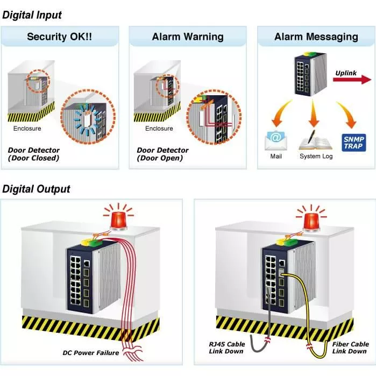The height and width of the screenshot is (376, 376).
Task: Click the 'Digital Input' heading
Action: coord(32,15)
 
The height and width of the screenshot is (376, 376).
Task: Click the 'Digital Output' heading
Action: coord(37,189)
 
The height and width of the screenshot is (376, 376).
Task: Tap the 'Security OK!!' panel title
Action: coord(60,37)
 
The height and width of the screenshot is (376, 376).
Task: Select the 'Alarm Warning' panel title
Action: coord(187,37)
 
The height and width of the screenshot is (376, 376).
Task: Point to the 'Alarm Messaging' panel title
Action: coord(316,37)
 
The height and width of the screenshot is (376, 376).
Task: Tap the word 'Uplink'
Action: coord(346,72)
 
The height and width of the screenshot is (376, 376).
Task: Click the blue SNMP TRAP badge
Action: coord(354,141)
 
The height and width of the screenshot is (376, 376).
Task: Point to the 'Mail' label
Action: coord(275,157)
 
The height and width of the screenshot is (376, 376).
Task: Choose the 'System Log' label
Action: coord(316,157)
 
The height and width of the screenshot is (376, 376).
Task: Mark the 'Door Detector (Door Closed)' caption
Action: coord(34,154)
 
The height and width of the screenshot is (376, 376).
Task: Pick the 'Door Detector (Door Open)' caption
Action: coord(162,154)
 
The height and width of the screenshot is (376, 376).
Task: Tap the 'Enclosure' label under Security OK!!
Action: coord(27,129)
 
